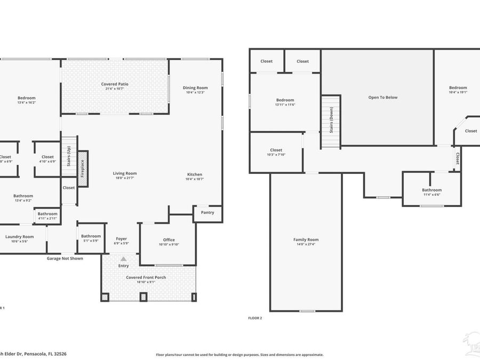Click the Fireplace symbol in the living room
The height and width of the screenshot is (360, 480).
coord(83,169)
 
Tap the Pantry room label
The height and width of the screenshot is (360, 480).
coord(207,212)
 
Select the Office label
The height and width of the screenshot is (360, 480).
coord(169,239)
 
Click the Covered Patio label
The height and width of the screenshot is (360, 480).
coord(115,84)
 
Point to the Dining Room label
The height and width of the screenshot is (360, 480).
coord(195,87)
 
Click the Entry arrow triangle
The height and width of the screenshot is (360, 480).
coord(123,259)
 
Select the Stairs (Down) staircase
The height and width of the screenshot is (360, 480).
coord(331,122)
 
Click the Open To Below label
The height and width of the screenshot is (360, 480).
coord(383,97)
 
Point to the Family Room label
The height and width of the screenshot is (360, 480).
coord(306,239)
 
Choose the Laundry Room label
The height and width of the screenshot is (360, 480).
coord(20,236)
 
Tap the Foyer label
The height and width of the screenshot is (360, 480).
coord(122,238)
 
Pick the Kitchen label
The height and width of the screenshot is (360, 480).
coord(195,174)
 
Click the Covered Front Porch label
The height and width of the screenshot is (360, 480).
coord(146,277)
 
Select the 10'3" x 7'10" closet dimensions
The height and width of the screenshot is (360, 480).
coord(276,155)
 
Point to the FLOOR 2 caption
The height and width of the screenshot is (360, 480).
coord(255,318)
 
